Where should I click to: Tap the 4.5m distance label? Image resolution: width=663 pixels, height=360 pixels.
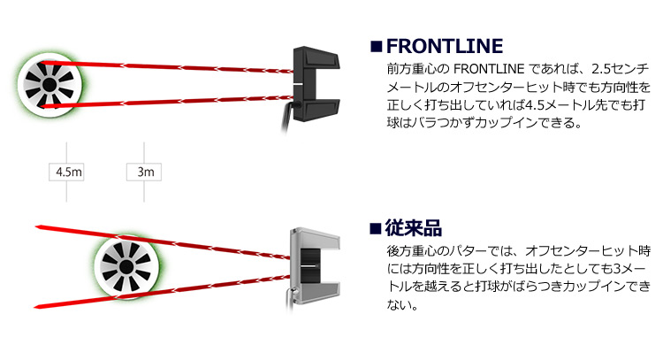(x=67, y=172)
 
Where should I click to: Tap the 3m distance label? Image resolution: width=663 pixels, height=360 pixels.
(x=143, y=172)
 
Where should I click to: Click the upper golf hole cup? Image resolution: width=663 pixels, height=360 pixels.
(x=53, y=83)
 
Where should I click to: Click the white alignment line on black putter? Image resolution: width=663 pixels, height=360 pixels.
(x=301, y=83)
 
